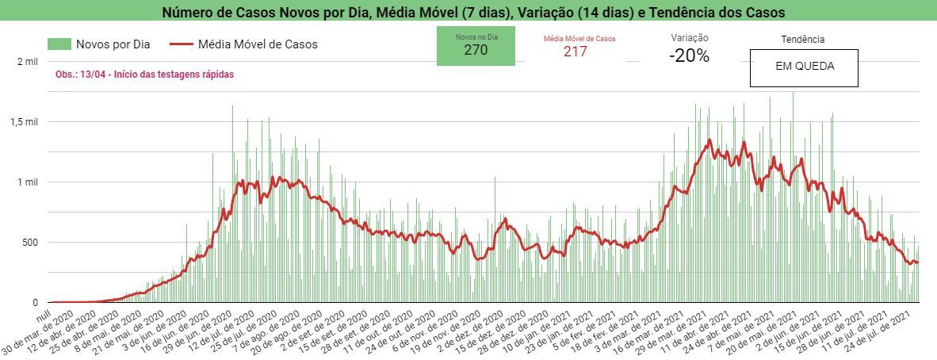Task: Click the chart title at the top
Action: tap(473, 13)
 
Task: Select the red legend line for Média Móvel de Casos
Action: tap(182, 44)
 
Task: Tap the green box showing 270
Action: tap(476, 46)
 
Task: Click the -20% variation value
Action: tap(689, 56)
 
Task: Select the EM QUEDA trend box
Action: tap(804, 67)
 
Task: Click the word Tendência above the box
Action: tap(802, 40)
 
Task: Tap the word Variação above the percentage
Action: tap(689, 38)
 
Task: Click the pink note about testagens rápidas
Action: tap(144, 75)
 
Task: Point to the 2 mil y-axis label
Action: tap(27, 62)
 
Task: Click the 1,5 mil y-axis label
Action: tap(24, 122)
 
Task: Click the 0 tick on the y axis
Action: tap(35, 303)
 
